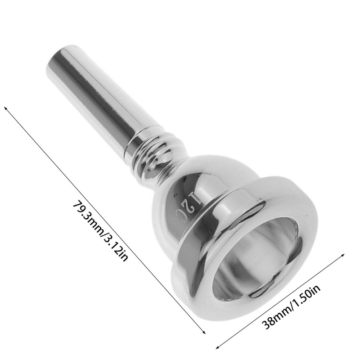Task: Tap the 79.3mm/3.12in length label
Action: [100, 231]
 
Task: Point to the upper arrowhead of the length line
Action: [6, 108]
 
